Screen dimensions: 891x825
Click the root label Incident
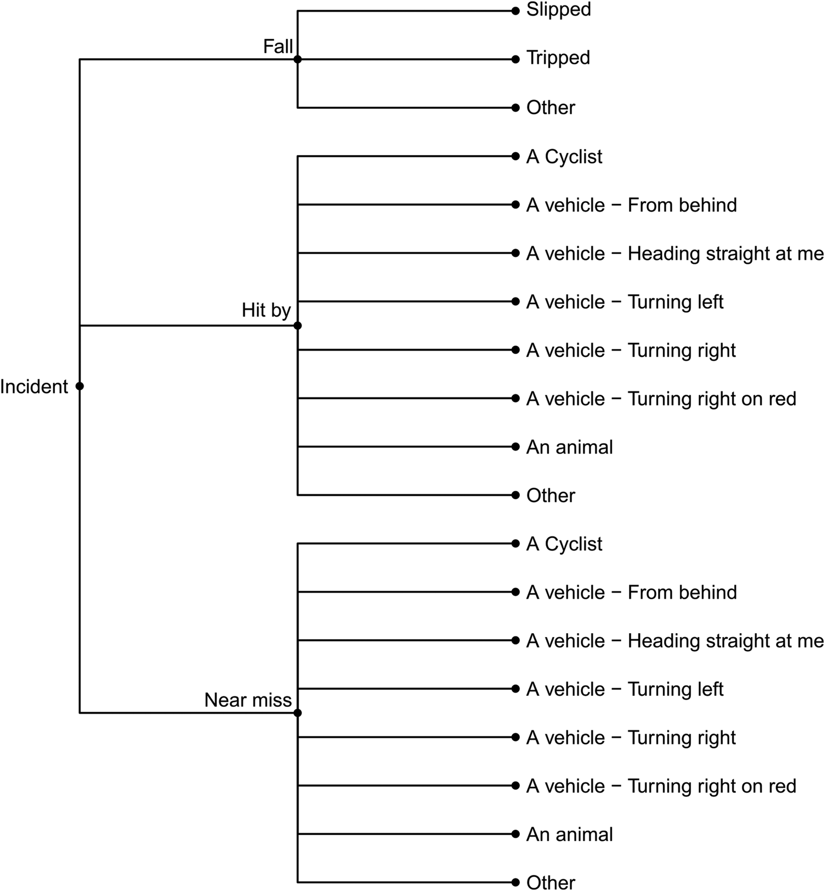click(x=34, y=387)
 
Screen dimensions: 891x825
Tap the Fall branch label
click(x=278, y=47)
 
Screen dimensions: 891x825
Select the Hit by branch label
click(x=266, y=311)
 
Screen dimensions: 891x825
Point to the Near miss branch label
click(x=248, y=700)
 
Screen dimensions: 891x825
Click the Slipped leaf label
click(x=558, y=9)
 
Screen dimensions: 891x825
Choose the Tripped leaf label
click(x=558, y=58)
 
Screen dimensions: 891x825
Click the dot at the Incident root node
click(x=80, y=386)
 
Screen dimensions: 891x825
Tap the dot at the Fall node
click(x=298, y=59)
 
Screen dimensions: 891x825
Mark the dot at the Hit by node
click(x=298, y=326)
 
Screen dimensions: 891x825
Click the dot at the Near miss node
click(x=298, y=713)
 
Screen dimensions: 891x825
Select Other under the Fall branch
click(x=551, y=108)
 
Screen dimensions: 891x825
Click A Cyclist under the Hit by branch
click(x=564, y=157)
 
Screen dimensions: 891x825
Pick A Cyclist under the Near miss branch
click(x=564, y=544)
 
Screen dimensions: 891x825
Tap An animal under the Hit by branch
click(x=569, y=447)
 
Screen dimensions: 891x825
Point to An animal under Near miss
click(x=569, y=834)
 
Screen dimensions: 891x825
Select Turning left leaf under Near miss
click(x=625, y=689)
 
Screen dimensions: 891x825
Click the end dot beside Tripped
click(x=515, y=59)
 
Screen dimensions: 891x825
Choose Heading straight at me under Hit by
click(x=675, y=253)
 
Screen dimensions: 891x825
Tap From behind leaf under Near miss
click(x=631, y=593)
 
